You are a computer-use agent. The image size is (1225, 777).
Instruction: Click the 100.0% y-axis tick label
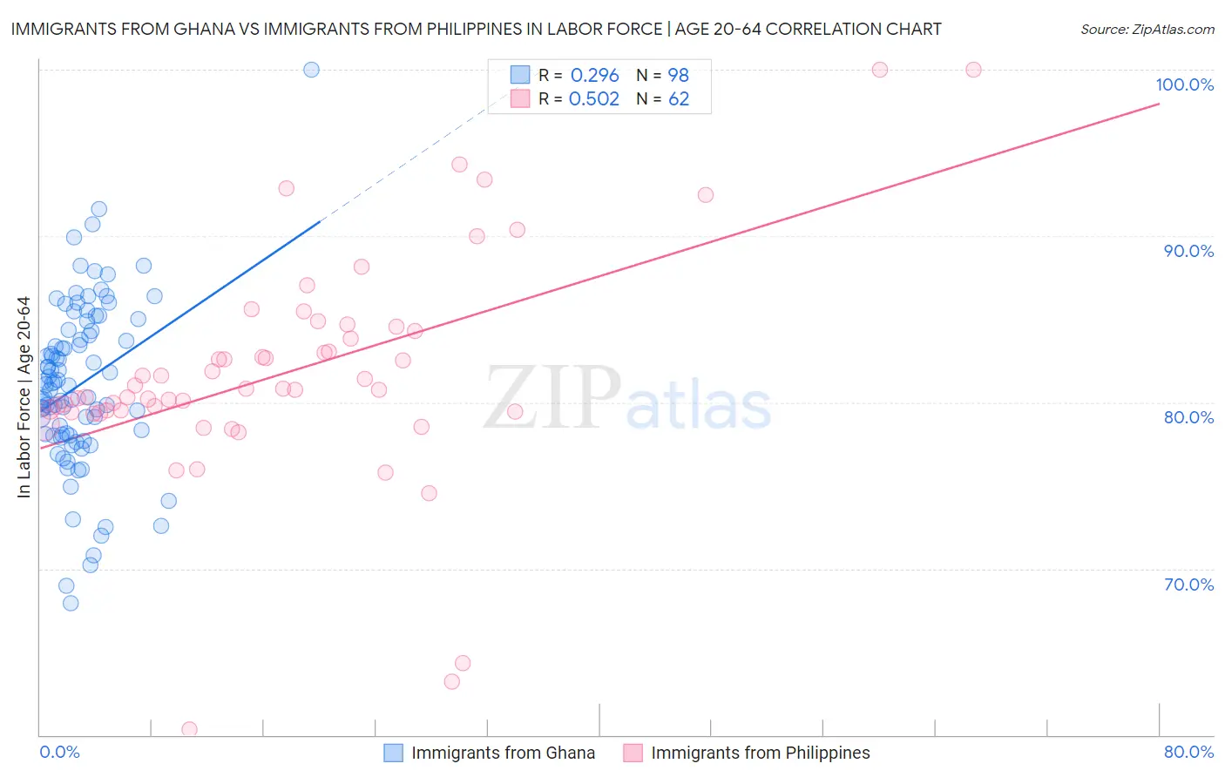1184,84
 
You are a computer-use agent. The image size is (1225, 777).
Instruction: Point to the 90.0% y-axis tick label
1188,251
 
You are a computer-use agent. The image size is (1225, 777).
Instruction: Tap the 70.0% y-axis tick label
1188,584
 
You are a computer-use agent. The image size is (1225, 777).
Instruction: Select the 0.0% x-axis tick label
59,752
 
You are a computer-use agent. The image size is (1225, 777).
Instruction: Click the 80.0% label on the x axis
1188,752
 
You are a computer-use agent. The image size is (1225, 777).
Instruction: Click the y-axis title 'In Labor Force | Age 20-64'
24,397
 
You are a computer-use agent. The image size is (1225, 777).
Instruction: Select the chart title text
476,29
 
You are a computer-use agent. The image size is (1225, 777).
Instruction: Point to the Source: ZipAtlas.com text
1147,29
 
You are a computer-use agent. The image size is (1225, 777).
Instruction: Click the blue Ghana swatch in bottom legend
394,753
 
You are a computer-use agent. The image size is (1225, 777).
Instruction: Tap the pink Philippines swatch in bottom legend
633,753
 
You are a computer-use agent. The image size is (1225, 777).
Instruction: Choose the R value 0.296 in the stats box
594,76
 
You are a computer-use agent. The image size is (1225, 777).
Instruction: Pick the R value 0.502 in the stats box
594,99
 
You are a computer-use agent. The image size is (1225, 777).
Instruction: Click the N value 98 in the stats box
679,76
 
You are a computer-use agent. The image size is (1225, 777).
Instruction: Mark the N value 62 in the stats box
679,99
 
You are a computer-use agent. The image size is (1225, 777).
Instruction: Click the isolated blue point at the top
311,70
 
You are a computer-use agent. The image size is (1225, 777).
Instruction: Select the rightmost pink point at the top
973,70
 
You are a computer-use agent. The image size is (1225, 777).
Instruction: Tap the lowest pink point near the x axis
189,729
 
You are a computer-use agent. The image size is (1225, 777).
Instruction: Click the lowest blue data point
71,603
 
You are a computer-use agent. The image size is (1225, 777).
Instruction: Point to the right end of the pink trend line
1159,104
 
